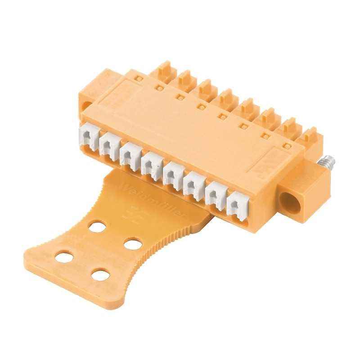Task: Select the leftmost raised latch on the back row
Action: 166,70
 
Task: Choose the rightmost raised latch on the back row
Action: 310,135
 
